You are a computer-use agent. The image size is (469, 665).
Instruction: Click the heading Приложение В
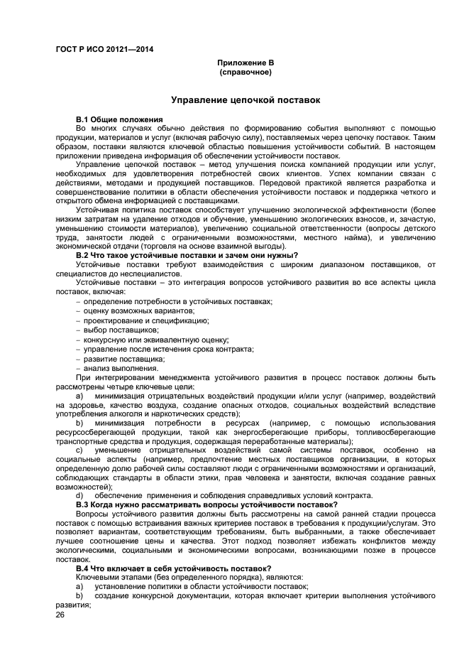coord(245,63)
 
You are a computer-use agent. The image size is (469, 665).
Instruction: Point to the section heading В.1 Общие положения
coord(119,118)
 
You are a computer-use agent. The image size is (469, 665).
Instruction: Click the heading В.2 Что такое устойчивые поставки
coord(187,256)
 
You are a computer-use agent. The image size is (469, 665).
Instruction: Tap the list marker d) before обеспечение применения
coord(79,495)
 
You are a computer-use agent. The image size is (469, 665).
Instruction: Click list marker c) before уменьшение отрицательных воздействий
coord(79,450)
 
